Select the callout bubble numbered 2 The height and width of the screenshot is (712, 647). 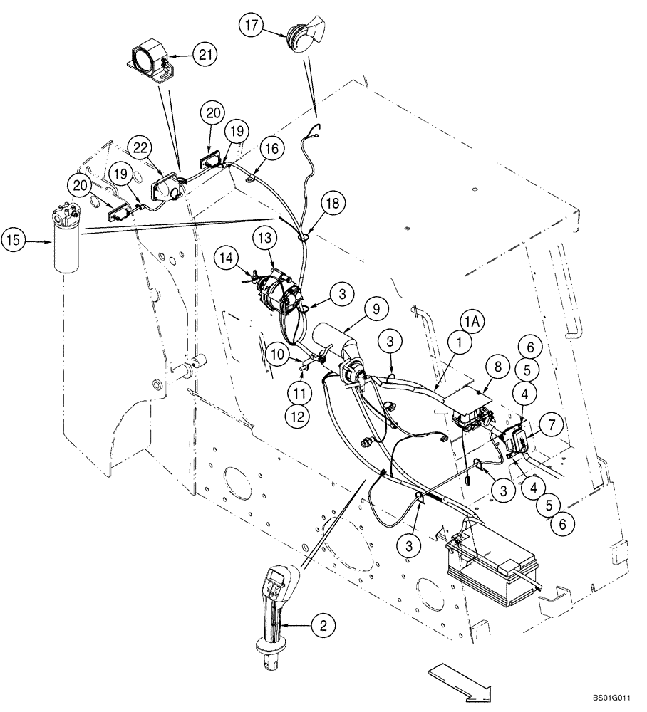(324, 626)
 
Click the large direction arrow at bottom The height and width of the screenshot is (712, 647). (460, 680)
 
